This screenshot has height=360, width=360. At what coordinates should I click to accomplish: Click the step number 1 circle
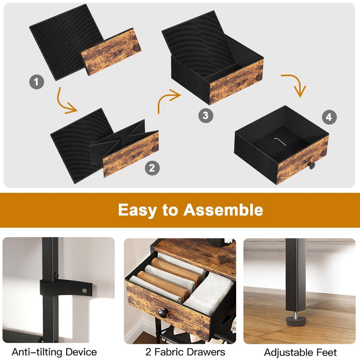click(x=36, y=82)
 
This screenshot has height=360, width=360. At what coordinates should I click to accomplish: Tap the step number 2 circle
click(x=152, y=168)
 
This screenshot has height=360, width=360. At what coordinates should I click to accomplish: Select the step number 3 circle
click(x=206, y=115)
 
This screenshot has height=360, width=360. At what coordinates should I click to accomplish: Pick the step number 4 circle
click(x=329, y=117)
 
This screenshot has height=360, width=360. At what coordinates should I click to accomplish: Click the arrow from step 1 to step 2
click(x=61, y=104)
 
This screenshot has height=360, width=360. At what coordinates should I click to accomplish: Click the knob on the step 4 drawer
click(x=311, y=165)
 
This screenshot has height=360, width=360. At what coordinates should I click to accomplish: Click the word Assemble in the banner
click(x=223, y=210)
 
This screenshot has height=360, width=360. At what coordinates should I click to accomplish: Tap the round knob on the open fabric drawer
click(x=163, y=314)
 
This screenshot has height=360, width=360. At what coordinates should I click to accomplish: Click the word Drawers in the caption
click(x=206, y=352)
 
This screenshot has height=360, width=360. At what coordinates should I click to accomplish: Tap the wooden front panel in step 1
click(x=111, y=52)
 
